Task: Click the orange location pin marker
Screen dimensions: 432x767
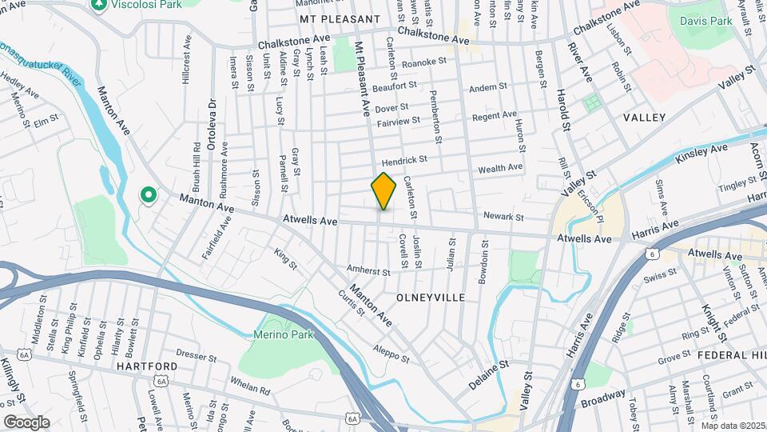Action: click(383, 190)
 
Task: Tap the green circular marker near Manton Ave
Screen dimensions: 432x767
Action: click(148, 194)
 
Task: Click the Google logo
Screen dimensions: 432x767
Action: click(26, 422)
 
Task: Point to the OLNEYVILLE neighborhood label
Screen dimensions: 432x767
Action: click(429, 297)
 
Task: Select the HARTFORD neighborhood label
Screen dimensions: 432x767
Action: click(145, 366)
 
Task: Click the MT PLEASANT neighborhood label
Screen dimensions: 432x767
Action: click(340, 18)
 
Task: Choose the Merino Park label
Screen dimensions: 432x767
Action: click(280, 334)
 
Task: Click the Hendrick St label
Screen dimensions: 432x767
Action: click(404, 160)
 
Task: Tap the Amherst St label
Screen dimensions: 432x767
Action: click(368, 272)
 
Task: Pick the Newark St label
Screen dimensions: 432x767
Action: click(503, 217)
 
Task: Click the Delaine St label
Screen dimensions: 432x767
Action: click(488, 374)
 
